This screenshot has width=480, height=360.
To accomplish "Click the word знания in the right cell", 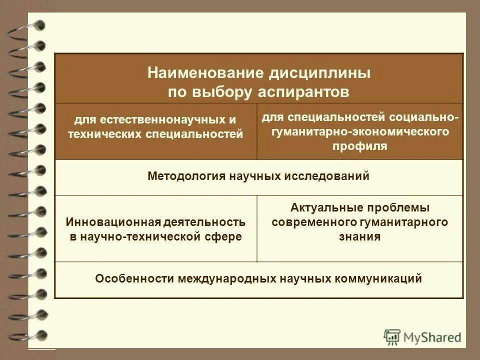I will click(x=359, y=236).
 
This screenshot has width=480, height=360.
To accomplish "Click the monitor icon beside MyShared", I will click(x=392, y=337).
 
